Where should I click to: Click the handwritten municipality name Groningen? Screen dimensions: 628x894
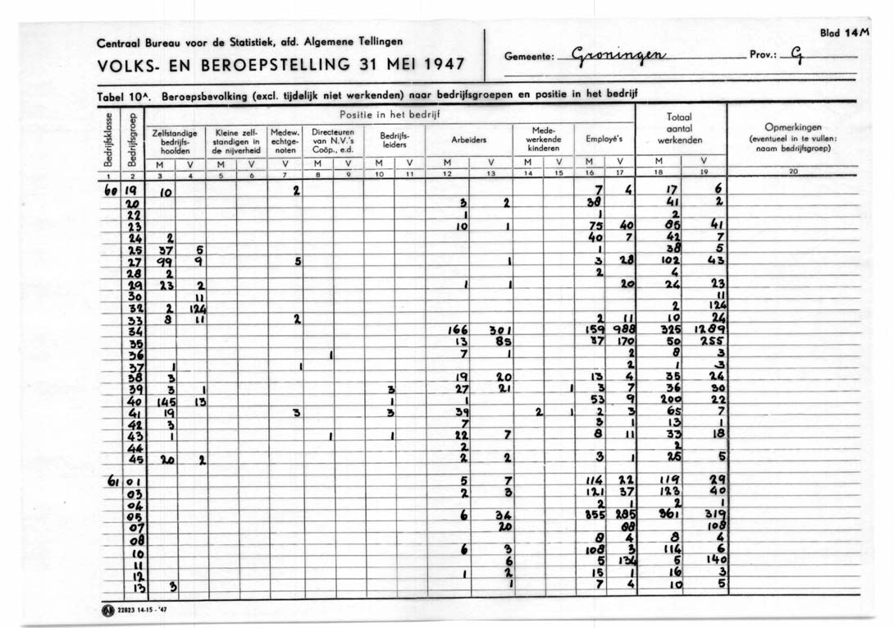click(x=623, y=57)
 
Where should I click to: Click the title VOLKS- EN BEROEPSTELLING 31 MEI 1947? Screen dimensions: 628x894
click(x=281, y=64)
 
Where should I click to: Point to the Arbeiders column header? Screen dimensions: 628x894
click(x=470, y=140)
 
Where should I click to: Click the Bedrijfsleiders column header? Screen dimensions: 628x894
click(x=395, y=140)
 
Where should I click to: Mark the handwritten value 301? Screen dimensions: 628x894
click(x=500, y=328)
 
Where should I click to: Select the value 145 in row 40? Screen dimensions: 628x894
click(x=166, y=401)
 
